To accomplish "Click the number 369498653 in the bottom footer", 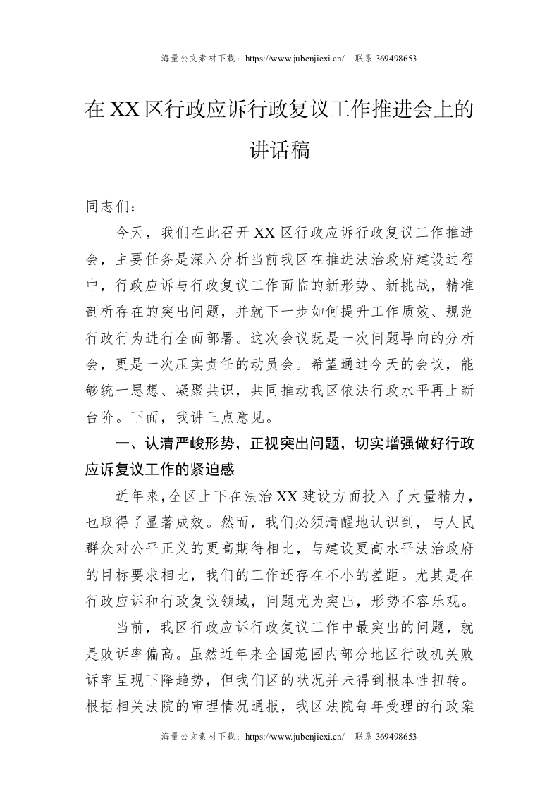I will tap(386, 737).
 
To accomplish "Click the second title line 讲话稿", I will tap(280, 149).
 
